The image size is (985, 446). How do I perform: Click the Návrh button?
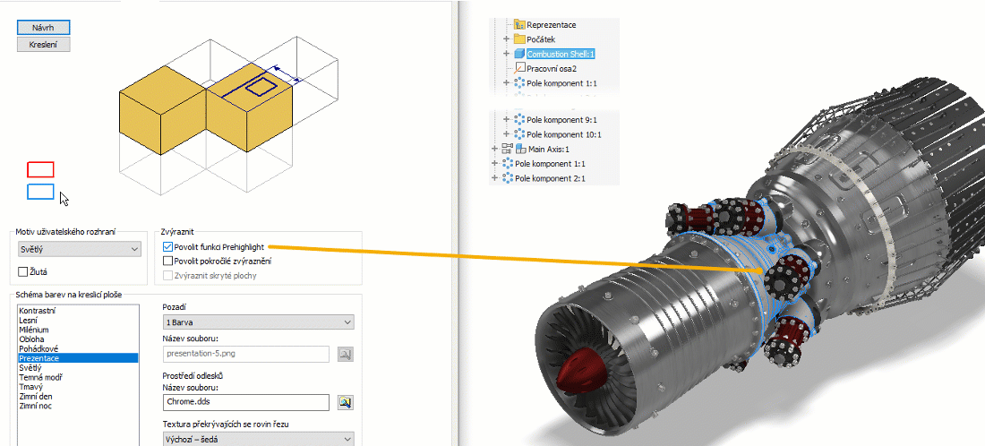click(43, 28)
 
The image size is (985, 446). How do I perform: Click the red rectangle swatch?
click(40, 169)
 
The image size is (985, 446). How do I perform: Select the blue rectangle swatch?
click(40, 192)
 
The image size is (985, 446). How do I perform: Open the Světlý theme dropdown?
click(79, 249)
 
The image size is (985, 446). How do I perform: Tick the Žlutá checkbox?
click(23, 272)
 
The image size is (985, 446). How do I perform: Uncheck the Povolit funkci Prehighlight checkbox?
click(167, 247)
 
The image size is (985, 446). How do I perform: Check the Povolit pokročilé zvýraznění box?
click(167, 261)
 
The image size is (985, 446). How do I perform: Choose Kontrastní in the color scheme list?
click(37, 311)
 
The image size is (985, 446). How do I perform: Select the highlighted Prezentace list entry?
click(78, 358)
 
